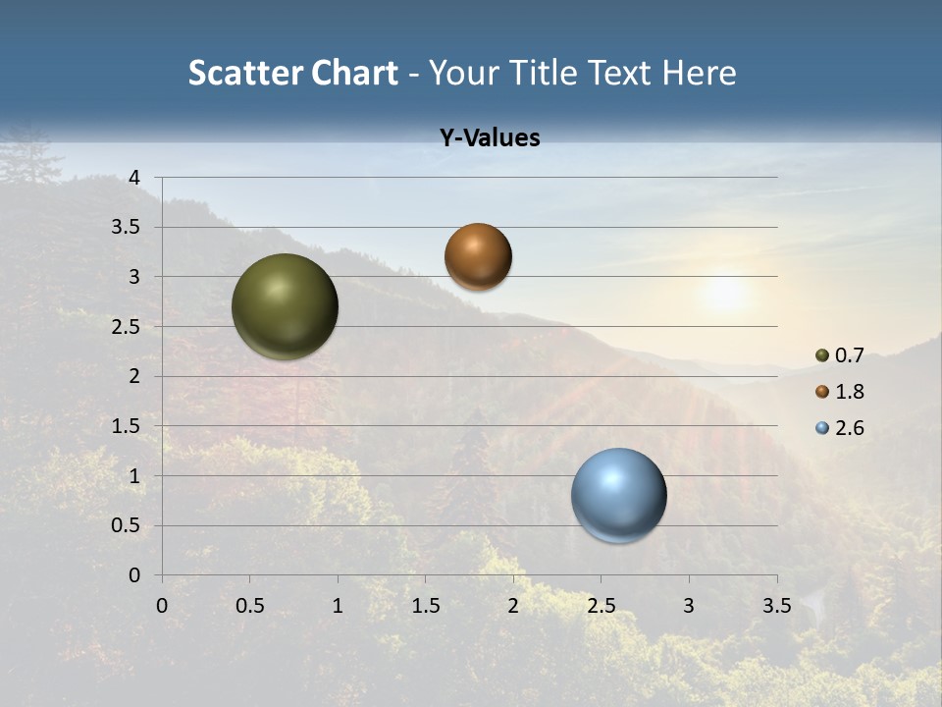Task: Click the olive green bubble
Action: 286,306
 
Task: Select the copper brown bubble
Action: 478,256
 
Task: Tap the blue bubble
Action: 619,495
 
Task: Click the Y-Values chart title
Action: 490,138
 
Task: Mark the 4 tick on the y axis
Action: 135,178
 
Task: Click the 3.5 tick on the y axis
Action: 128,228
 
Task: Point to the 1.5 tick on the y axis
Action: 128,426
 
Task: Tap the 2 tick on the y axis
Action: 135,376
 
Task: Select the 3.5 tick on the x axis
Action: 776,606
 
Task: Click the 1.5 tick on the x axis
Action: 425,606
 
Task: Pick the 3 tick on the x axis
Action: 689,606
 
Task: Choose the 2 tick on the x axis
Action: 513,606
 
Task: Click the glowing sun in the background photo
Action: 724,293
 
